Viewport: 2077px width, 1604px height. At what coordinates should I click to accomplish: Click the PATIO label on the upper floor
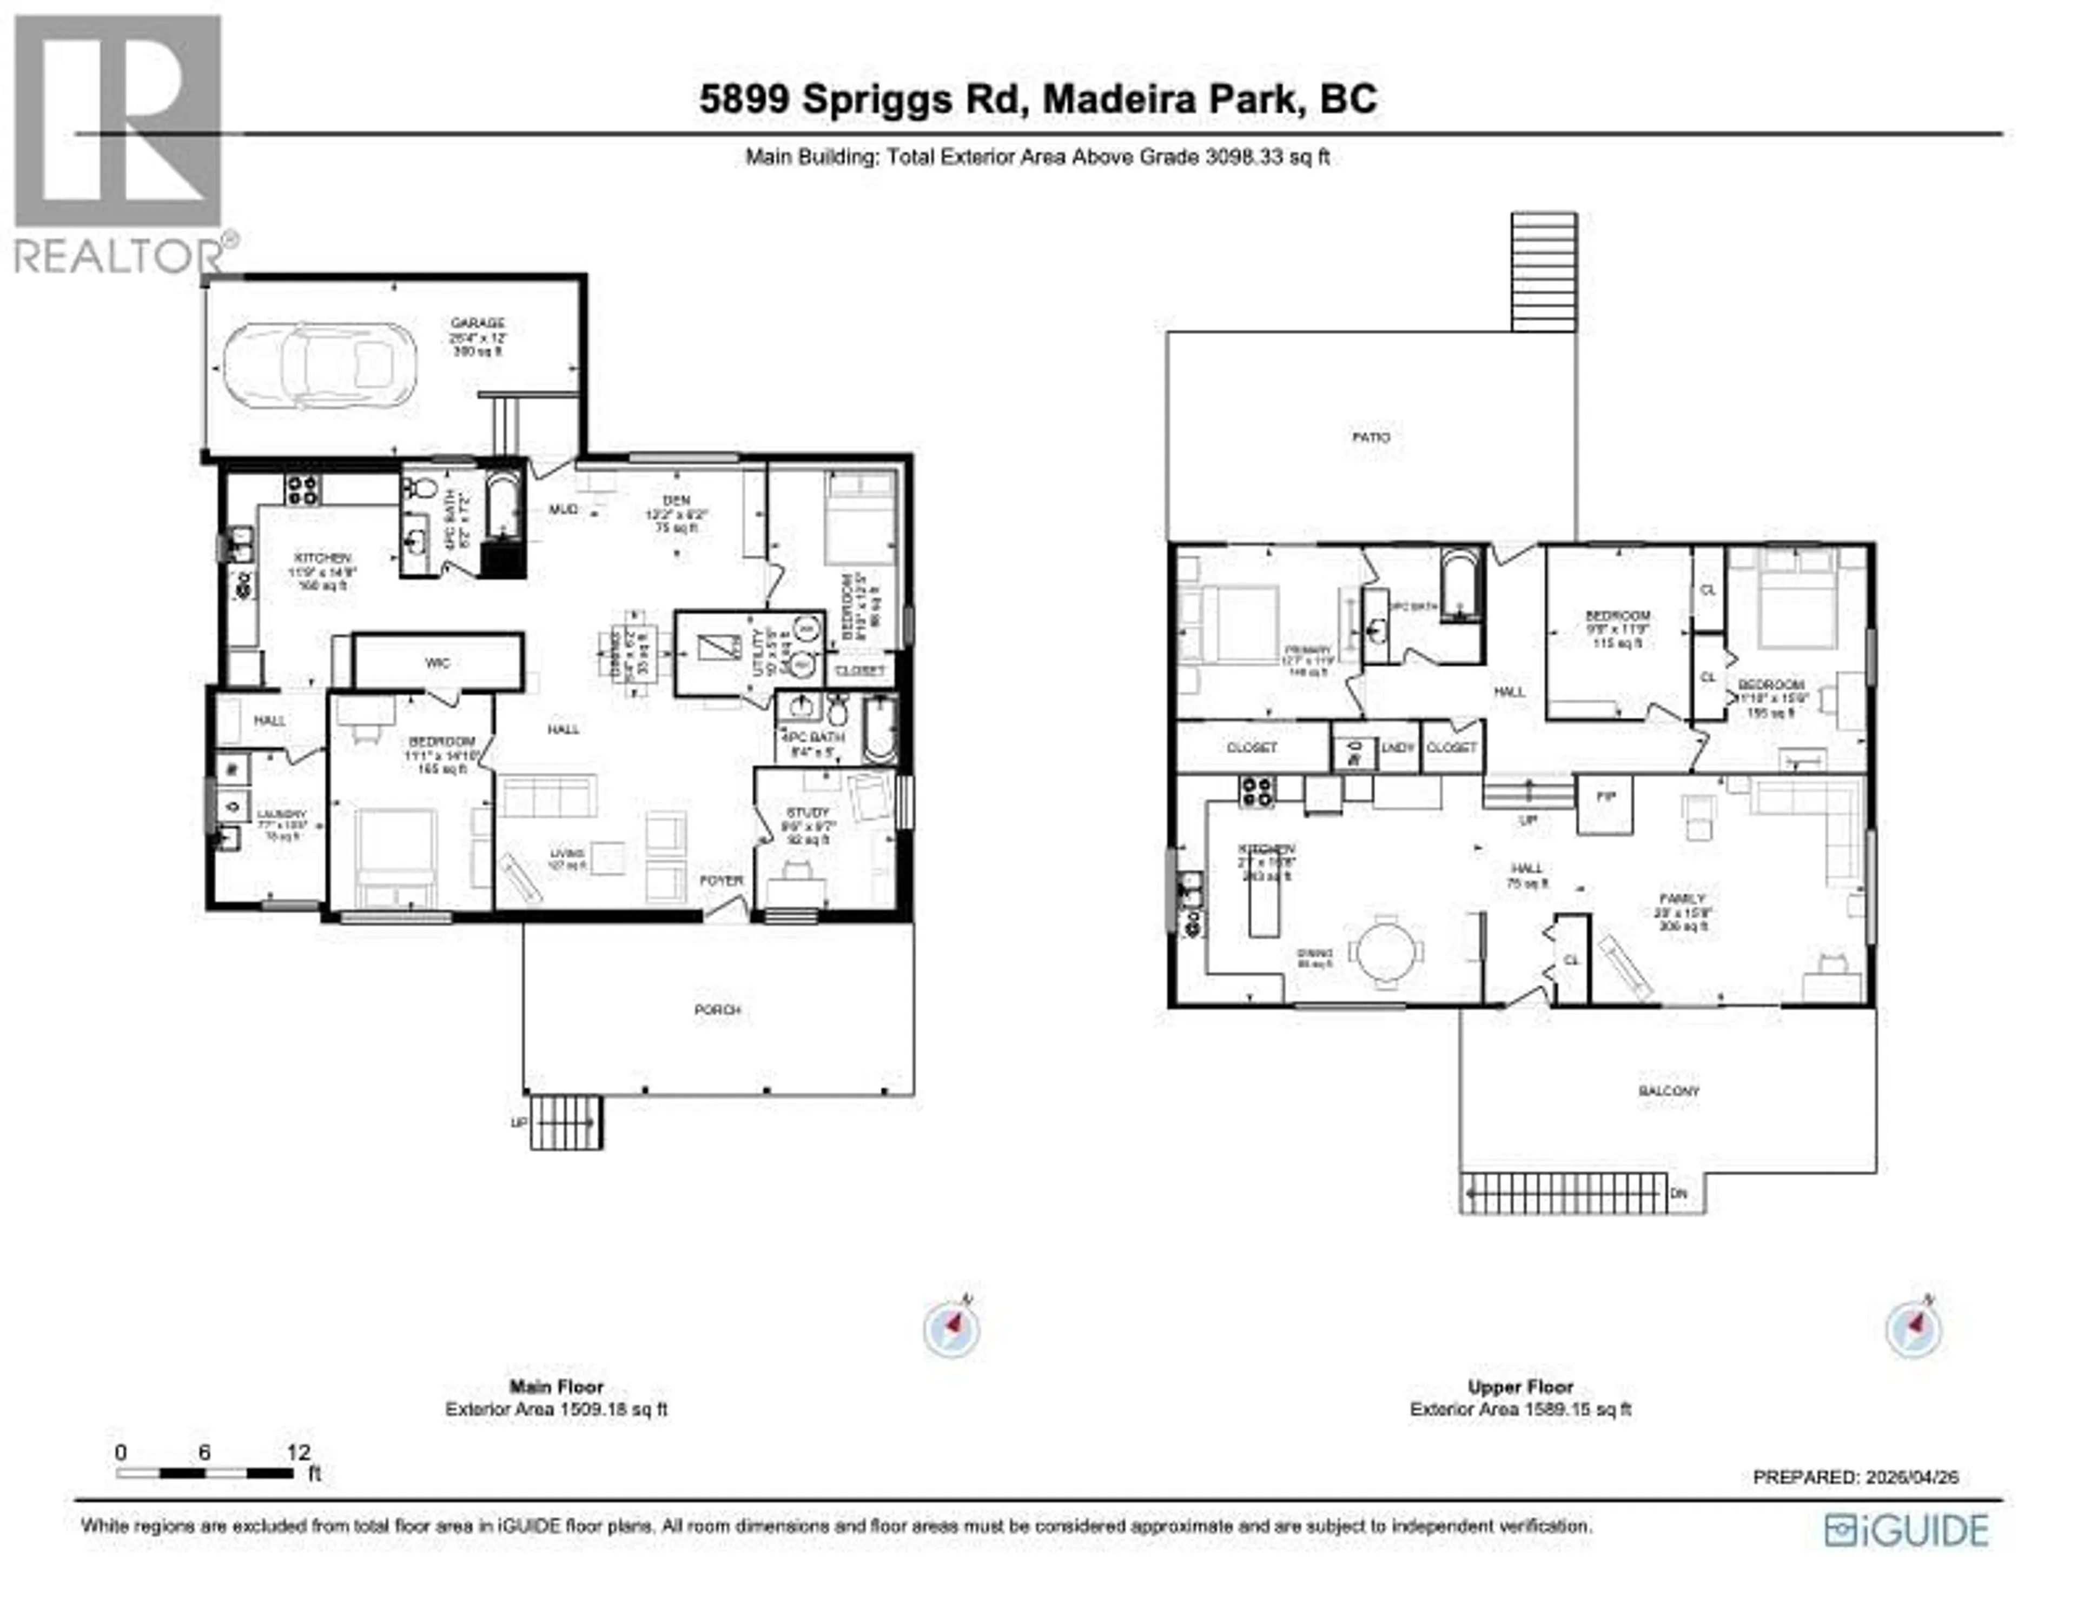pos(1371,437)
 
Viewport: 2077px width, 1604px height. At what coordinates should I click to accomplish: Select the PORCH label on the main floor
pos(717,1010)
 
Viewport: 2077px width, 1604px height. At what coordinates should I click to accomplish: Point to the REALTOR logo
pos(119,143)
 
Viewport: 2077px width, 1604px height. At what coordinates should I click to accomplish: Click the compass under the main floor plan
pos(951,1328)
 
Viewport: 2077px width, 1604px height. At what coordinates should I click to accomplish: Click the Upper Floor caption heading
pos(1520,1387)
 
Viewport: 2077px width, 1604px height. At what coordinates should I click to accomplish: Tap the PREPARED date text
pos(1855,1477)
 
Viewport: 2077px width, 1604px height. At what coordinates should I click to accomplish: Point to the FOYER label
pos(721,881)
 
